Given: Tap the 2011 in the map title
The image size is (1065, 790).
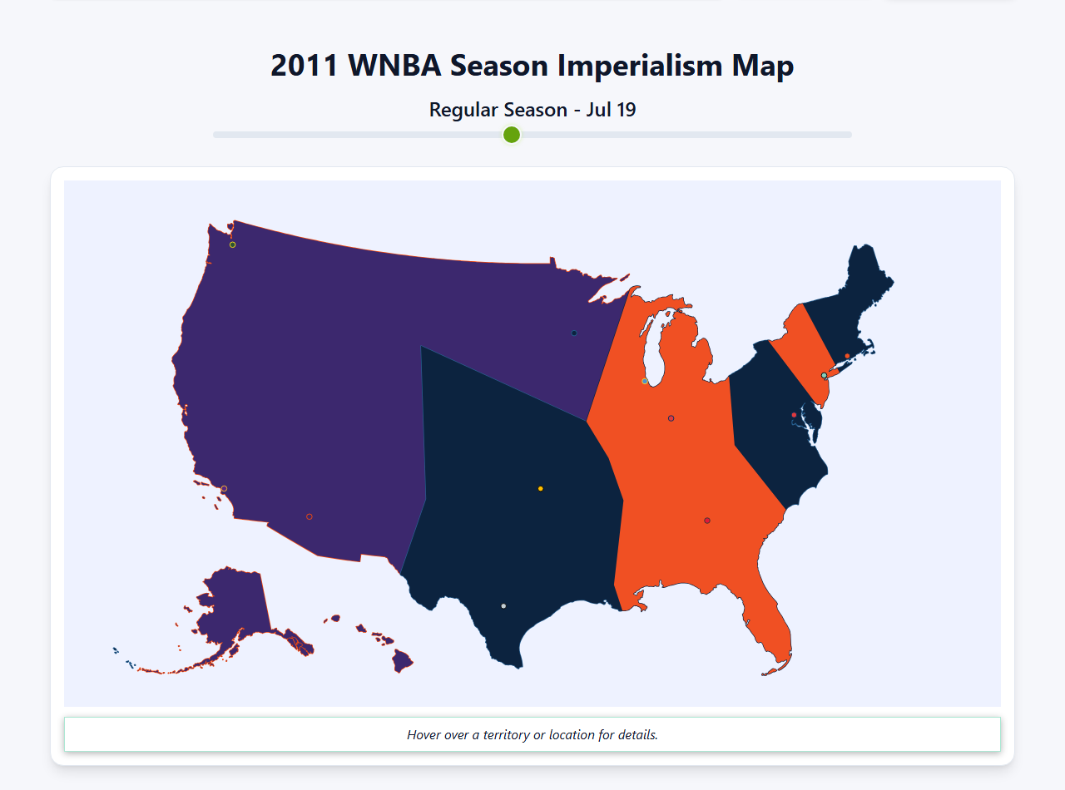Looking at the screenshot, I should [x=304, y=66].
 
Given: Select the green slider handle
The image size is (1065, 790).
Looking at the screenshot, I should [x=512, y=135].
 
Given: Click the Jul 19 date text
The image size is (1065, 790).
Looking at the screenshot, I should [x=611, y=110].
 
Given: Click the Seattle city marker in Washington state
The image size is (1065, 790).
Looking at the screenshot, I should [x=233, y=244].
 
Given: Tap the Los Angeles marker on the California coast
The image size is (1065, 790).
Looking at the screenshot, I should [x=224, y=488].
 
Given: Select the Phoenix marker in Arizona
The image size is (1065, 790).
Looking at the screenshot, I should [x=310, y=516].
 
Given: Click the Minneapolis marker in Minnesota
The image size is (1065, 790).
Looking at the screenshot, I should [x=574, y=333].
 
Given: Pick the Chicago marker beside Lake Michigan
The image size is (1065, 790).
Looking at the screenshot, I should [x=645, y=381].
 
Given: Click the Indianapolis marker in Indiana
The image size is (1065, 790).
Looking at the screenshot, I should [x=671, y=418].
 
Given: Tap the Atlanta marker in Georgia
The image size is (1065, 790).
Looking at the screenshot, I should [x=707, y=521].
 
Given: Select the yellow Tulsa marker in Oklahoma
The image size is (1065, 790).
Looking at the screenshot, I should [x=541, y=488].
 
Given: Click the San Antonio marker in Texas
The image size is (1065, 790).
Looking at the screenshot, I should [x=503, y=606].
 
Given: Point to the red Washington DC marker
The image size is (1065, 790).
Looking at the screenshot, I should [x=794, y=415].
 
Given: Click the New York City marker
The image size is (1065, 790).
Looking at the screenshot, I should [x=824, y=375].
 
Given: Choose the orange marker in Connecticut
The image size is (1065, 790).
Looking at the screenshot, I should [x=847, y=356].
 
